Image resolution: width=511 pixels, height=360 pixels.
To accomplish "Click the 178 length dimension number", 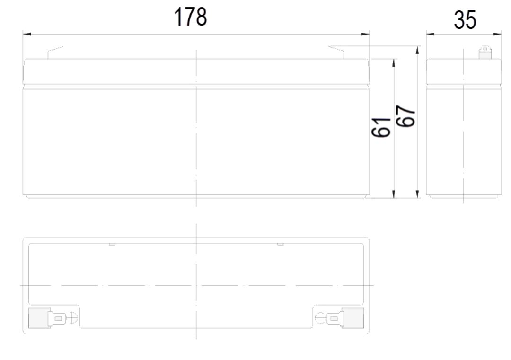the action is [191, 17].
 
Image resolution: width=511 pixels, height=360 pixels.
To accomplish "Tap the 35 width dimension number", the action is [465, 20].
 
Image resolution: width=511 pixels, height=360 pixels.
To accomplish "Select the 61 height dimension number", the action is [381, 127].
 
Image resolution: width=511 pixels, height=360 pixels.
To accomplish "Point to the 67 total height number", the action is [406, 116].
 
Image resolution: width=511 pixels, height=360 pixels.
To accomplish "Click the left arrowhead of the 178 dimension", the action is [26, 34].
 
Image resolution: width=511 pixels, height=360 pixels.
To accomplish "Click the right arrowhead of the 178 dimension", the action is [366, 34].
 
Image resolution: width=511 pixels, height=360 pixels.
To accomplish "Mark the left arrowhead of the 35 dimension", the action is [431, 34].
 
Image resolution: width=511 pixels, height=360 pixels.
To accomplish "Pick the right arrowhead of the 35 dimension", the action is [497, 34].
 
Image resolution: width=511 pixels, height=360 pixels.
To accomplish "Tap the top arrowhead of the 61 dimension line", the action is [394, 63].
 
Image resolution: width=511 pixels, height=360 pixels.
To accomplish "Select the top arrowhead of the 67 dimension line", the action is [417, 50].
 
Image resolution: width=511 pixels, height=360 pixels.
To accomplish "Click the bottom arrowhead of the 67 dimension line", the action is [417, 193].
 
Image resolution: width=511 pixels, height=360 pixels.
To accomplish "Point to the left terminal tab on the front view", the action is [55, 53].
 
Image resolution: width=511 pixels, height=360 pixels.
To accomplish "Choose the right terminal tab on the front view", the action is [336, 53].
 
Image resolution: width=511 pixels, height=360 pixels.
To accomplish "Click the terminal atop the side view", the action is [485, 53].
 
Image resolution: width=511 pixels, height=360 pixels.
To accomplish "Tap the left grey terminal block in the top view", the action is [39, 318].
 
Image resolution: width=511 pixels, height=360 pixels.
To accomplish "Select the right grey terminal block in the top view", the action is [353, 318].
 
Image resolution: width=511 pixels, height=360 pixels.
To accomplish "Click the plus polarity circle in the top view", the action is [72, 318].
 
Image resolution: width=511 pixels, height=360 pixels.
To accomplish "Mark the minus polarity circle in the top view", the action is [321, 318].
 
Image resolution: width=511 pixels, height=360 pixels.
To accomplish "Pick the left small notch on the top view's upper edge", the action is [112, 244].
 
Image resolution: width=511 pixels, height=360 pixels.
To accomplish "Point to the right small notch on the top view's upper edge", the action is [280, 244].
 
